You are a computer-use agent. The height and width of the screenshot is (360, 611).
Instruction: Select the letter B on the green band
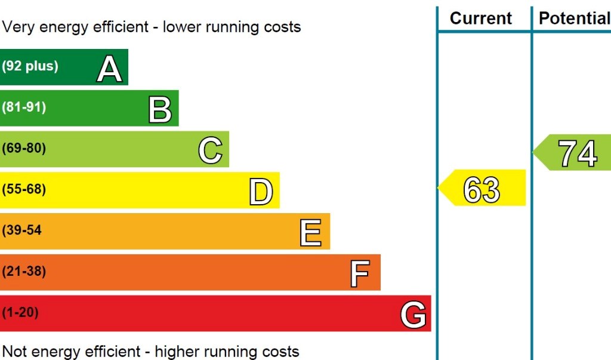(160, 109)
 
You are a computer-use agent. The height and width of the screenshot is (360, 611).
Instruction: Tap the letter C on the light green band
(210, 150)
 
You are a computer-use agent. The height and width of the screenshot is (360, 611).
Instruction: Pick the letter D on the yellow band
(261, 192)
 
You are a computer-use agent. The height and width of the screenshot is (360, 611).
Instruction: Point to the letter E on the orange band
(310, 232)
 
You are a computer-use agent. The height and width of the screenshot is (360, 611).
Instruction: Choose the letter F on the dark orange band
(359, 273)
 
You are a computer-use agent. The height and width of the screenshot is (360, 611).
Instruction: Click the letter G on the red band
(413, 315)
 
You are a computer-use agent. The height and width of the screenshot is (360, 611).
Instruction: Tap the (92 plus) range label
(30, 66)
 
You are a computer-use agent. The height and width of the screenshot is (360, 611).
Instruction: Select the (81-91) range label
(24, 107)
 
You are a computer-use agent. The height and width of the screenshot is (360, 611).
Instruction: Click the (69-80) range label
(24, 148)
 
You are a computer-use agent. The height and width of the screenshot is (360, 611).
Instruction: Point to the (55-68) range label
(24, 189)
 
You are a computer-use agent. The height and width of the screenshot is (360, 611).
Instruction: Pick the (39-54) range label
(22, 230)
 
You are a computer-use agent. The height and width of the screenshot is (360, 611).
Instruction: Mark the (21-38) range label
(24, 271)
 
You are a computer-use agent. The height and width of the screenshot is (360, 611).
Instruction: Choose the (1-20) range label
(20, 312)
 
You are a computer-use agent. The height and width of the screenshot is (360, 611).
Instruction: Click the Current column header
(481, 18)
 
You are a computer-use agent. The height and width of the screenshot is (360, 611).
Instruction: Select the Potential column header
(574, 18)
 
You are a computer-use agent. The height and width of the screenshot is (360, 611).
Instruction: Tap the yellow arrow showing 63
(482, 188)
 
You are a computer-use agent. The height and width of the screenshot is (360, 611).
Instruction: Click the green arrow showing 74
(573, 153)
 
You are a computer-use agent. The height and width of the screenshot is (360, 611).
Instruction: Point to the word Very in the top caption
(17, 27)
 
